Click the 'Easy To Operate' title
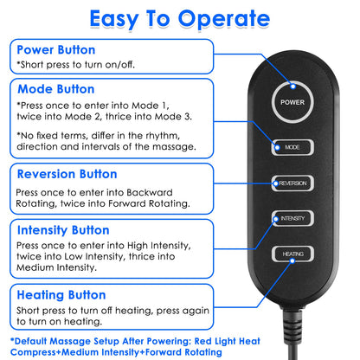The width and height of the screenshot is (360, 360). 179,18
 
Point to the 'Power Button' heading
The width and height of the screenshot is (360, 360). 55,49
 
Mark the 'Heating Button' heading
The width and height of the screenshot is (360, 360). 62,294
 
